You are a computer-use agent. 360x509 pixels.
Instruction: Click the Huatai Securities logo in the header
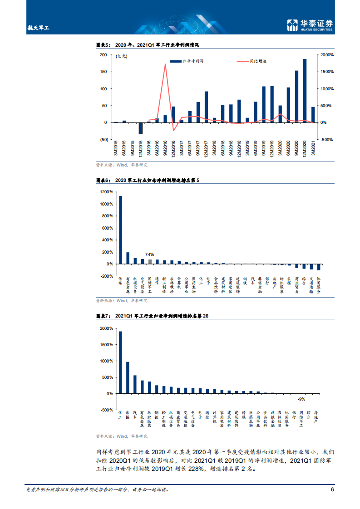pos(311,25)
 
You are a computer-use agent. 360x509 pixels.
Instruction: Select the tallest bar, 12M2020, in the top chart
pos(305,91)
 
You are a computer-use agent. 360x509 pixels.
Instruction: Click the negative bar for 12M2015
pos(141,128)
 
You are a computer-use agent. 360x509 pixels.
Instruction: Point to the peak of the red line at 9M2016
pos(165,64)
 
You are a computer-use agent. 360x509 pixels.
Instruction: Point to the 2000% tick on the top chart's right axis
pos(327,55)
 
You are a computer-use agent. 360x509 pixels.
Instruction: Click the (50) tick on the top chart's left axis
pos(104,140)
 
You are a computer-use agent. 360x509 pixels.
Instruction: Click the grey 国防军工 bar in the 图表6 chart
pos(150,261)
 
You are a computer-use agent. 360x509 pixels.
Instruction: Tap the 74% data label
pos(149,254)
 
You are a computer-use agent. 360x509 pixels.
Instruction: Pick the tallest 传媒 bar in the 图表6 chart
pos(120,230)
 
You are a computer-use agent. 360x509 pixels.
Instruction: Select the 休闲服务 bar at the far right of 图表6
pos(319,267)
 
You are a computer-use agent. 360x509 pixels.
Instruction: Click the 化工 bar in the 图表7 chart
pos(120,362)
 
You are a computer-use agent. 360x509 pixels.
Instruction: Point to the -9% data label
pos(301,399)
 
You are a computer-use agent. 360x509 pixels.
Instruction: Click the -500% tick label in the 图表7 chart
pos(106,410)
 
